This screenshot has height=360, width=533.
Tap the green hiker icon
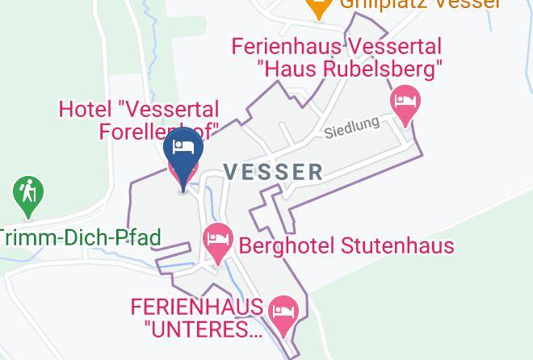point(28,195)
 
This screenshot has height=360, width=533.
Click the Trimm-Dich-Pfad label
point(80,237)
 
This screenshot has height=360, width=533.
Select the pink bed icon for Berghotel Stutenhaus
point(217,241)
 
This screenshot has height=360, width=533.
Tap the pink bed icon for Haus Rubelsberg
point(405,104)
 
